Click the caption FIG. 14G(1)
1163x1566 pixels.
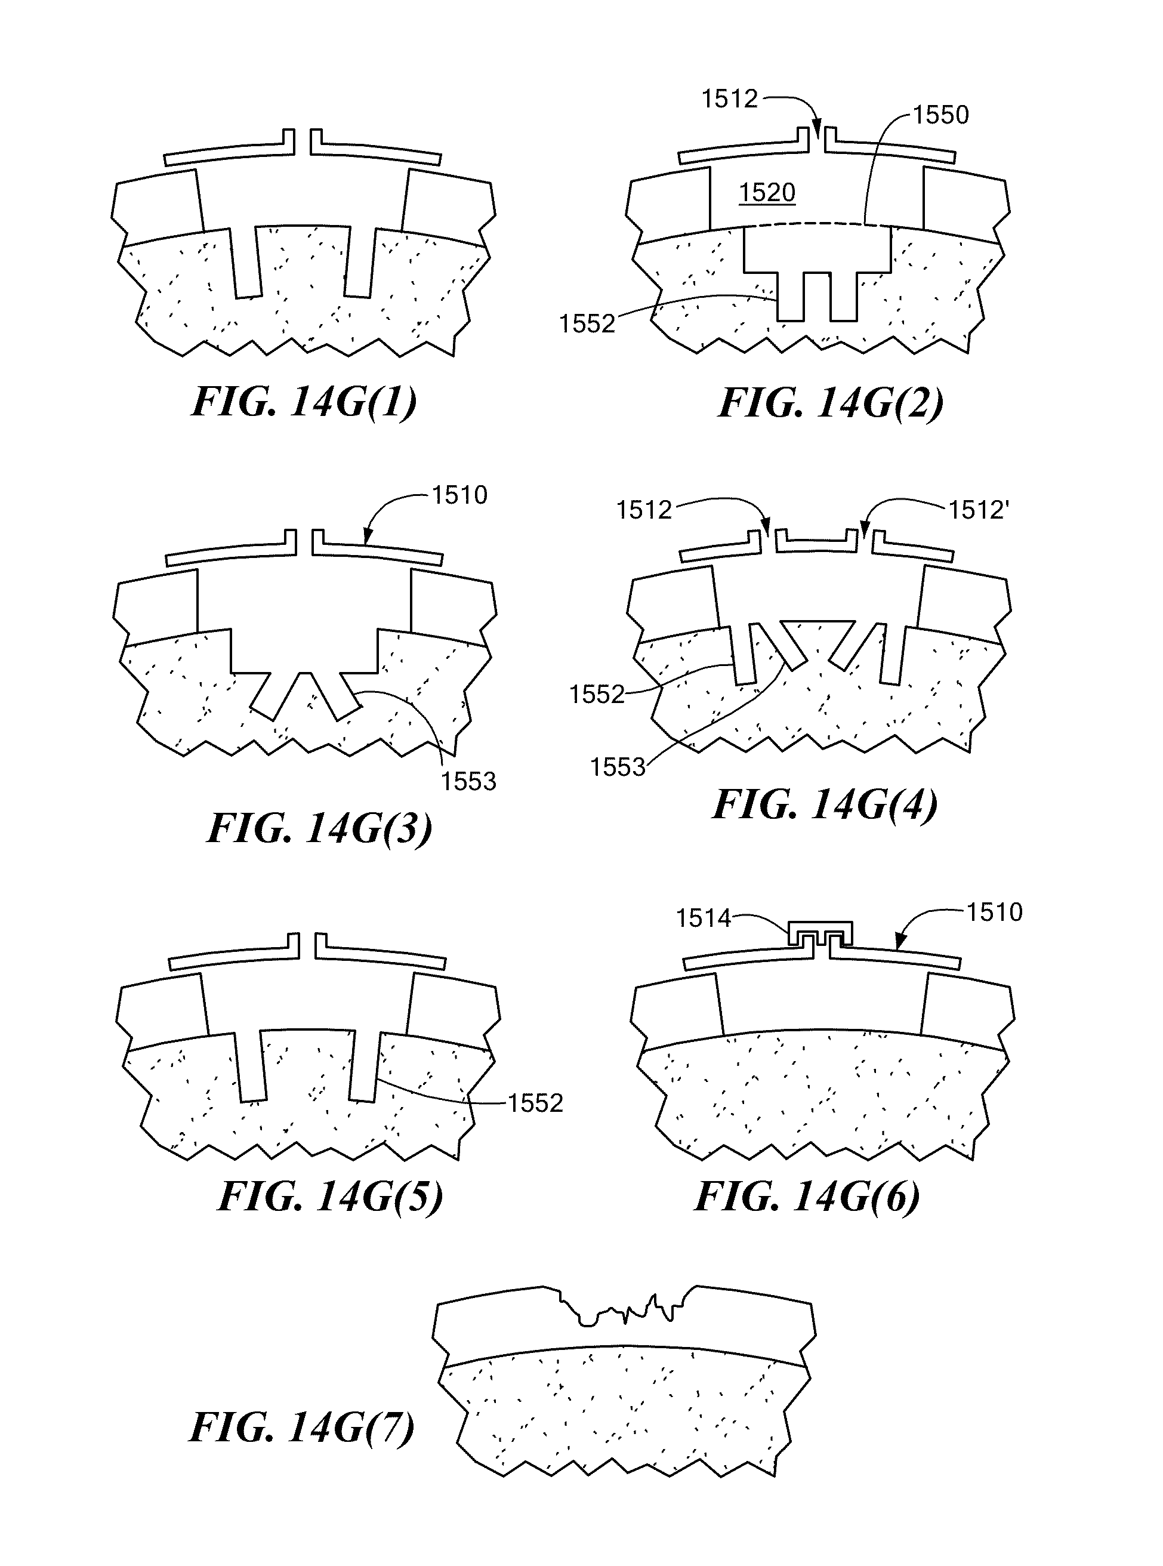304,402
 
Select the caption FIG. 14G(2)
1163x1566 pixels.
830,403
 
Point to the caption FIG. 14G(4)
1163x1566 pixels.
825,804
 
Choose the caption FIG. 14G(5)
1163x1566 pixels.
330,1195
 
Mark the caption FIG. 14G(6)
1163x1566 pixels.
807,1195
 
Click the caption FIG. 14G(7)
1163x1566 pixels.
302,1428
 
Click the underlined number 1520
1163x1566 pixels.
767,192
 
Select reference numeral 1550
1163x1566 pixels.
940,115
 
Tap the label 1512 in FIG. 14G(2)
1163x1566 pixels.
729,99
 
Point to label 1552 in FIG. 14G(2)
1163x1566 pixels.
587,324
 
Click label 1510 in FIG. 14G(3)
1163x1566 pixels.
459,496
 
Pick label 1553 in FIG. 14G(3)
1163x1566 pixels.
468,782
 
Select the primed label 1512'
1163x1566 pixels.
979,510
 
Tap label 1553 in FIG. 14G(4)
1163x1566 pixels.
618,767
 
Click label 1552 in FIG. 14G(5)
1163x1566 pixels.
535,1103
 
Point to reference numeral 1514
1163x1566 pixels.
704,918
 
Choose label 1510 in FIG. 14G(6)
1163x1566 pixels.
994,913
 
